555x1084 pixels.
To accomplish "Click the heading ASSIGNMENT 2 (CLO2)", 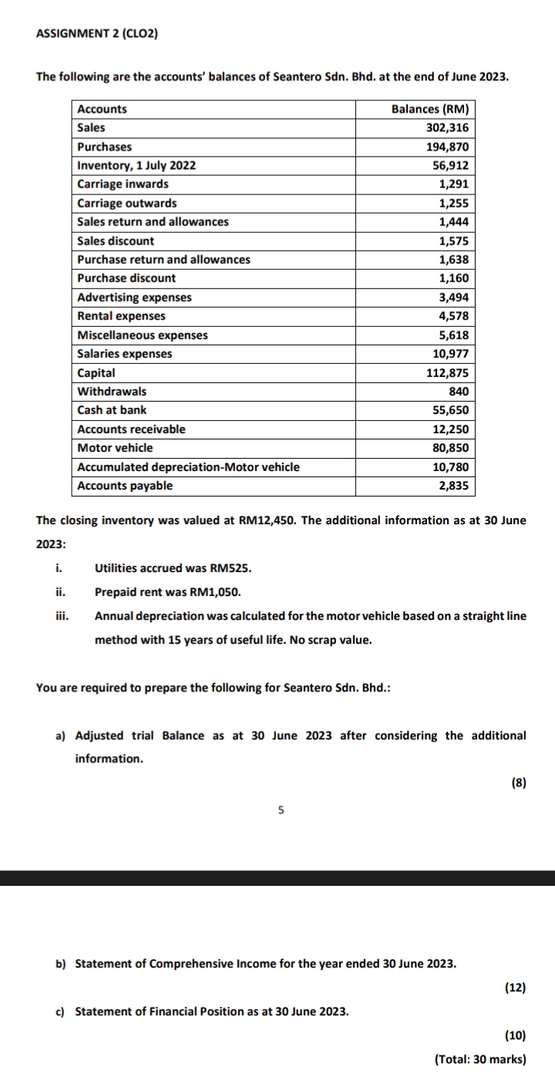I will click(x=97, y=34).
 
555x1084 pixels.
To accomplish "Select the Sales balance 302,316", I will click(x=449, y=128).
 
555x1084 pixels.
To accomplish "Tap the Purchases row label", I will click(x=105, y=146).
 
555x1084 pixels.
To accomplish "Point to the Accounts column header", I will click(x=103, y=109).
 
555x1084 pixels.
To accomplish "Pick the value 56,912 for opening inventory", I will click(x=452, y=166).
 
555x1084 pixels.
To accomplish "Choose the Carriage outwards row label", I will click(x=127, y=203).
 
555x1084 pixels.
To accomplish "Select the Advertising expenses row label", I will click(x=135, y=297).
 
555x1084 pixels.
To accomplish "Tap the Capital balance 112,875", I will click(x=449, y=372).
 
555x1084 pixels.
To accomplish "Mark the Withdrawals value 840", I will click(x=460, y=391).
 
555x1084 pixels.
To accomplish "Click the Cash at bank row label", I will click(x=113, y=410).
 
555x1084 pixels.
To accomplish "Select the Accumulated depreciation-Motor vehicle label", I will click(x=189, y=466).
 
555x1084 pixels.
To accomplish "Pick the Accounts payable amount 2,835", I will click(x=456, y=486).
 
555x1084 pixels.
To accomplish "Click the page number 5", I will click(x=281, y=810).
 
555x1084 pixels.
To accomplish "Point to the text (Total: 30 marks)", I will click(x=480, y=1059).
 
